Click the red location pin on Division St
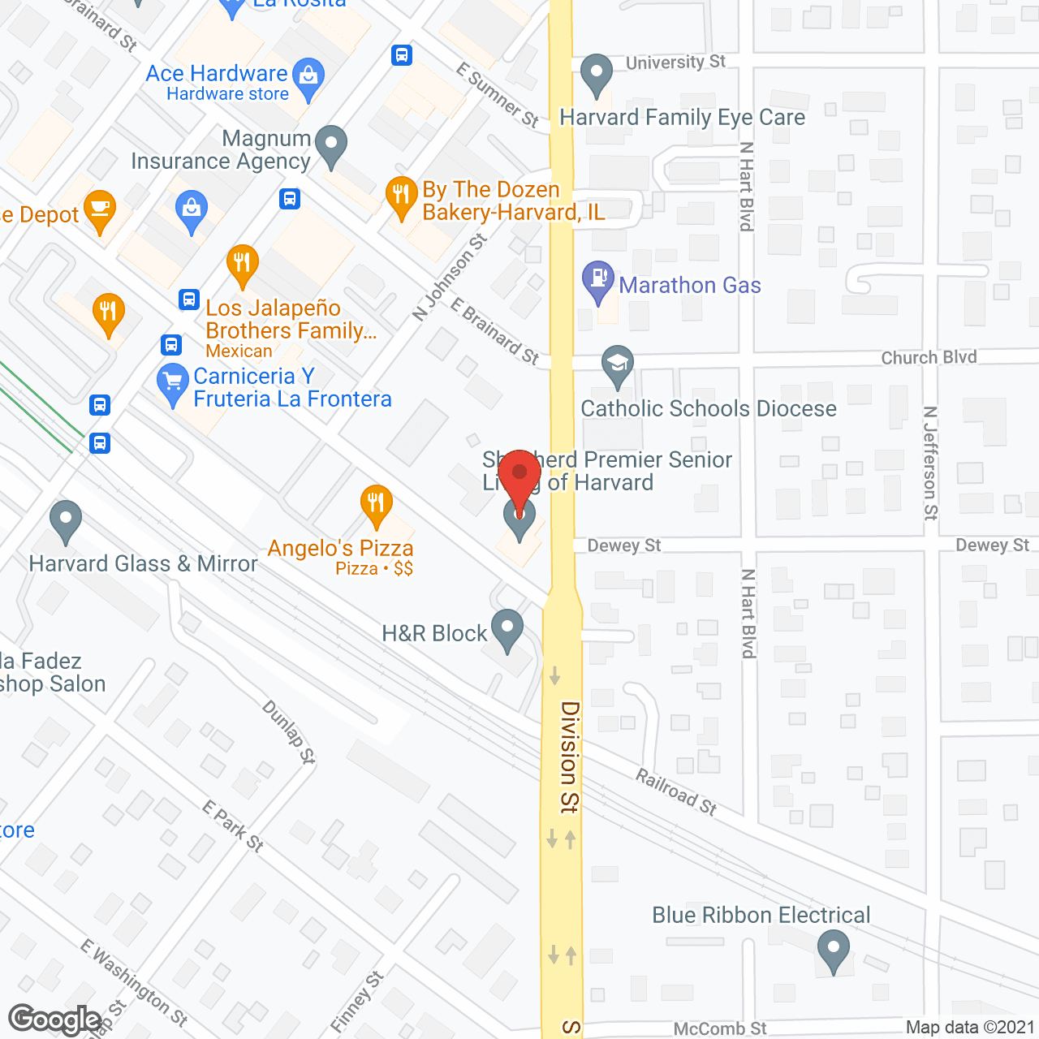(x=519, y=475)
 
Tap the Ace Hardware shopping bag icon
(x=308, y=77)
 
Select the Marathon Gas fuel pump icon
(x=598, y=279)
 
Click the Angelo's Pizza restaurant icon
(x=376, y=503)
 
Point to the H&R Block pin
(x=507, y=628)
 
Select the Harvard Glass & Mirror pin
(x=66, y=519)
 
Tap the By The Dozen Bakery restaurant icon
(x=401, y=195)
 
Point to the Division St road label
(x=570, y=757)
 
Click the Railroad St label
(x=676, y=791)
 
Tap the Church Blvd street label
(x=929, y=357)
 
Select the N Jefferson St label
(x=931, y=463)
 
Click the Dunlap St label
(x=288, y=731)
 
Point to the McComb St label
(x=719, y=1028)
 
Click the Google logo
(x=54, y=1020)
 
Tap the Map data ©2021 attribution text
(x=970, y=1028)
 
